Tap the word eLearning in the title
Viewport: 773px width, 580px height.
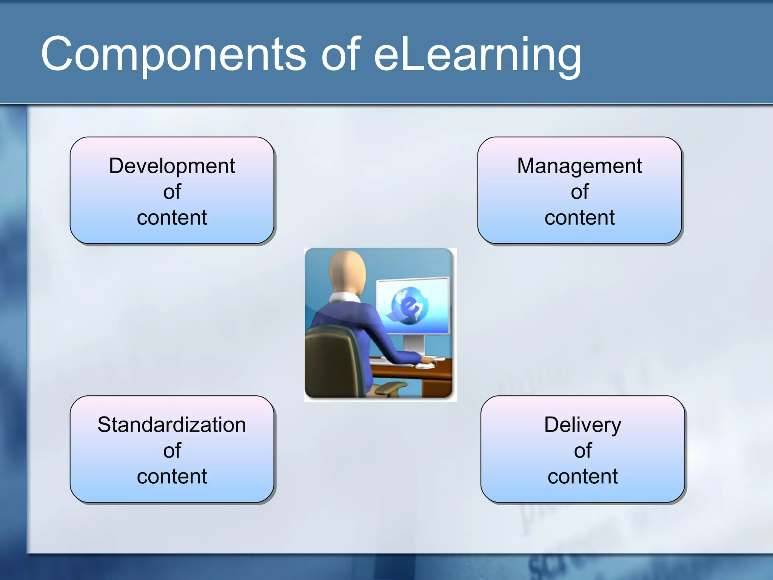(x=477, y=55)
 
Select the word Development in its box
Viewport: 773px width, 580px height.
(x=172, y=166)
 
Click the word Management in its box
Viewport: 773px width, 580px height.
(x=579, y=166)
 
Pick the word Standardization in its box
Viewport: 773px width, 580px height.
(x=172, y=425)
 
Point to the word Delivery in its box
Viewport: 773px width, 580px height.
(x=582, y=425)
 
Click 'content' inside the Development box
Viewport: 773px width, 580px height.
(x=172, y=218)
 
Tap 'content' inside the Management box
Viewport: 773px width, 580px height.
(x=579, y=218)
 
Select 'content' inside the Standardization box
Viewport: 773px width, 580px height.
(x=172, y=477)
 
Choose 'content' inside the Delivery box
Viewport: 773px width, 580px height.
(x=582, y=477)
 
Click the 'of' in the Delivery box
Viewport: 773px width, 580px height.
(x=582, y=451)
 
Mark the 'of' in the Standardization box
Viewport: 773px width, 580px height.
(x=172, y=451)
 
